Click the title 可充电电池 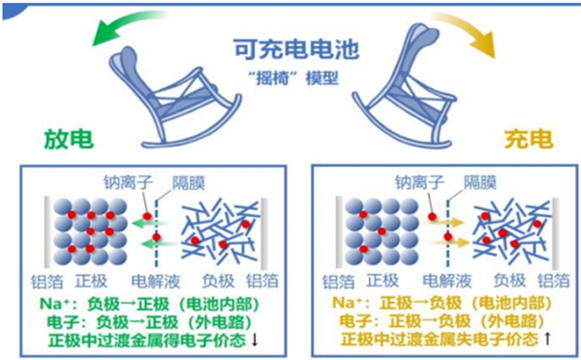point(290,47)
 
